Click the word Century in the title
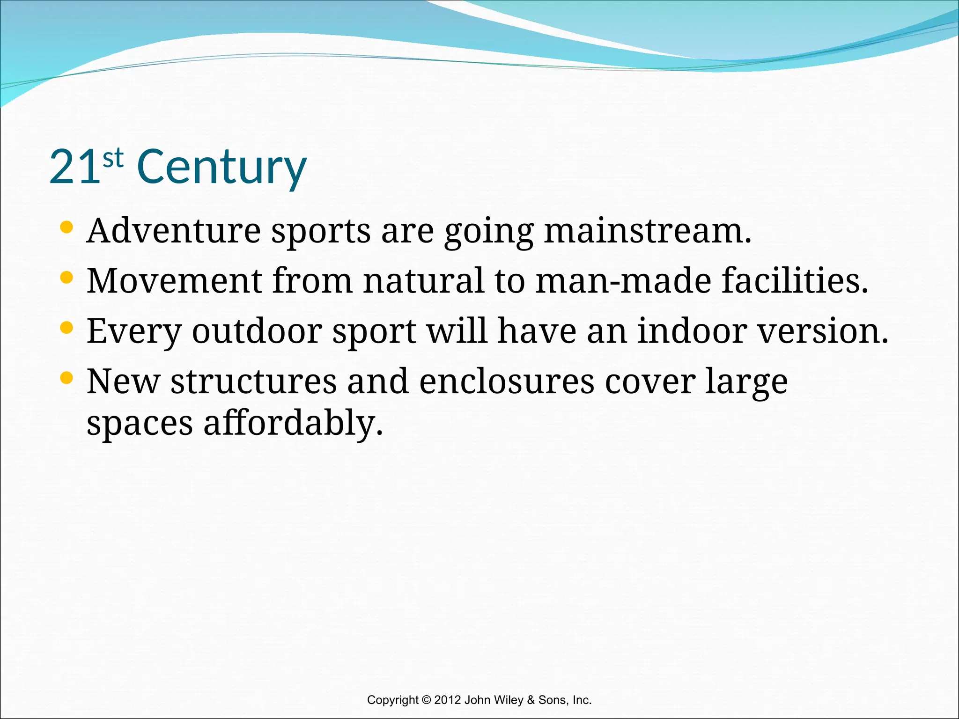[221, 167]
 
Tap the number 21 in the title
[75, 167]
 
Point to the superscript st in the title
[113, 158]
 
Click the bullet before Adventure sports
[67, 227]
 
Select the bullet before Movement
[67, 278]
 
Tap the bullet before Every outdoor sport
[67, 328]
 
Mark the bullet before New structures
[67, 378]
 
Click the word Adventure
[174, 231]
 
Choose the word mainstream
[647, 231]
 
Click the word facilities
[795, 281]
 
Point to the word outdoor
[257, 331]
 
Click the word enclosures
[506, 382]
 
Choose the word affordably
[293, 423]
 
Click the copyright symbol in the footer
[426, 700]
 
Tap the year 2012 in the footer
[448, 700]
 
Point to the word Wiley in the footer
[508, 700]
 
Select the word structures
[253, 382]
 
